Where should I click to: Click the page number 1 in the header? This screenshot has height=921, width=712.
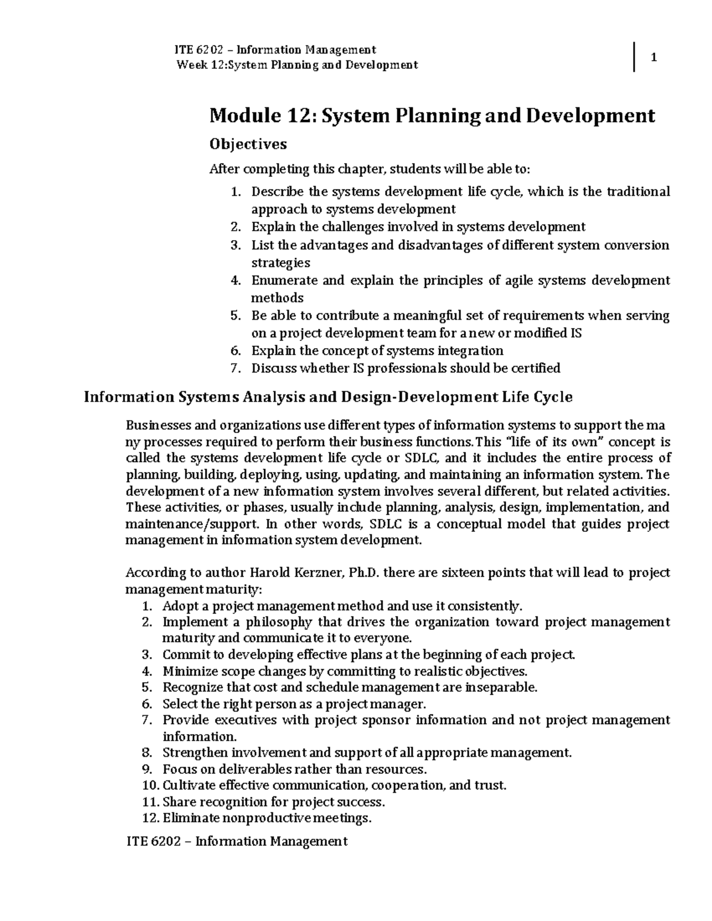point(654,58)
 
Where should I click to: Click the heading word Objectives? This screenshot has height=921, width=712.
point(248,144)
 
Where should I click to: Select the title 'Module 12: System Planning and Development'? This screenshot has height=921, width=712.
point(432,115)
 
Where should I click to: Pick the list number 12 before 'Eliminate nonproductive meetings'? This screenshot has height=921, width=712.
point(151,818)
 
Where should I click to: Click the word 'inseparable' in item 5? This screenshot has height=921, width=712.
point(501,687)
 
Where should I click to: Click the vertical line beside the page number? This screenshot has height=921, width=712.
point(635,58)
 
